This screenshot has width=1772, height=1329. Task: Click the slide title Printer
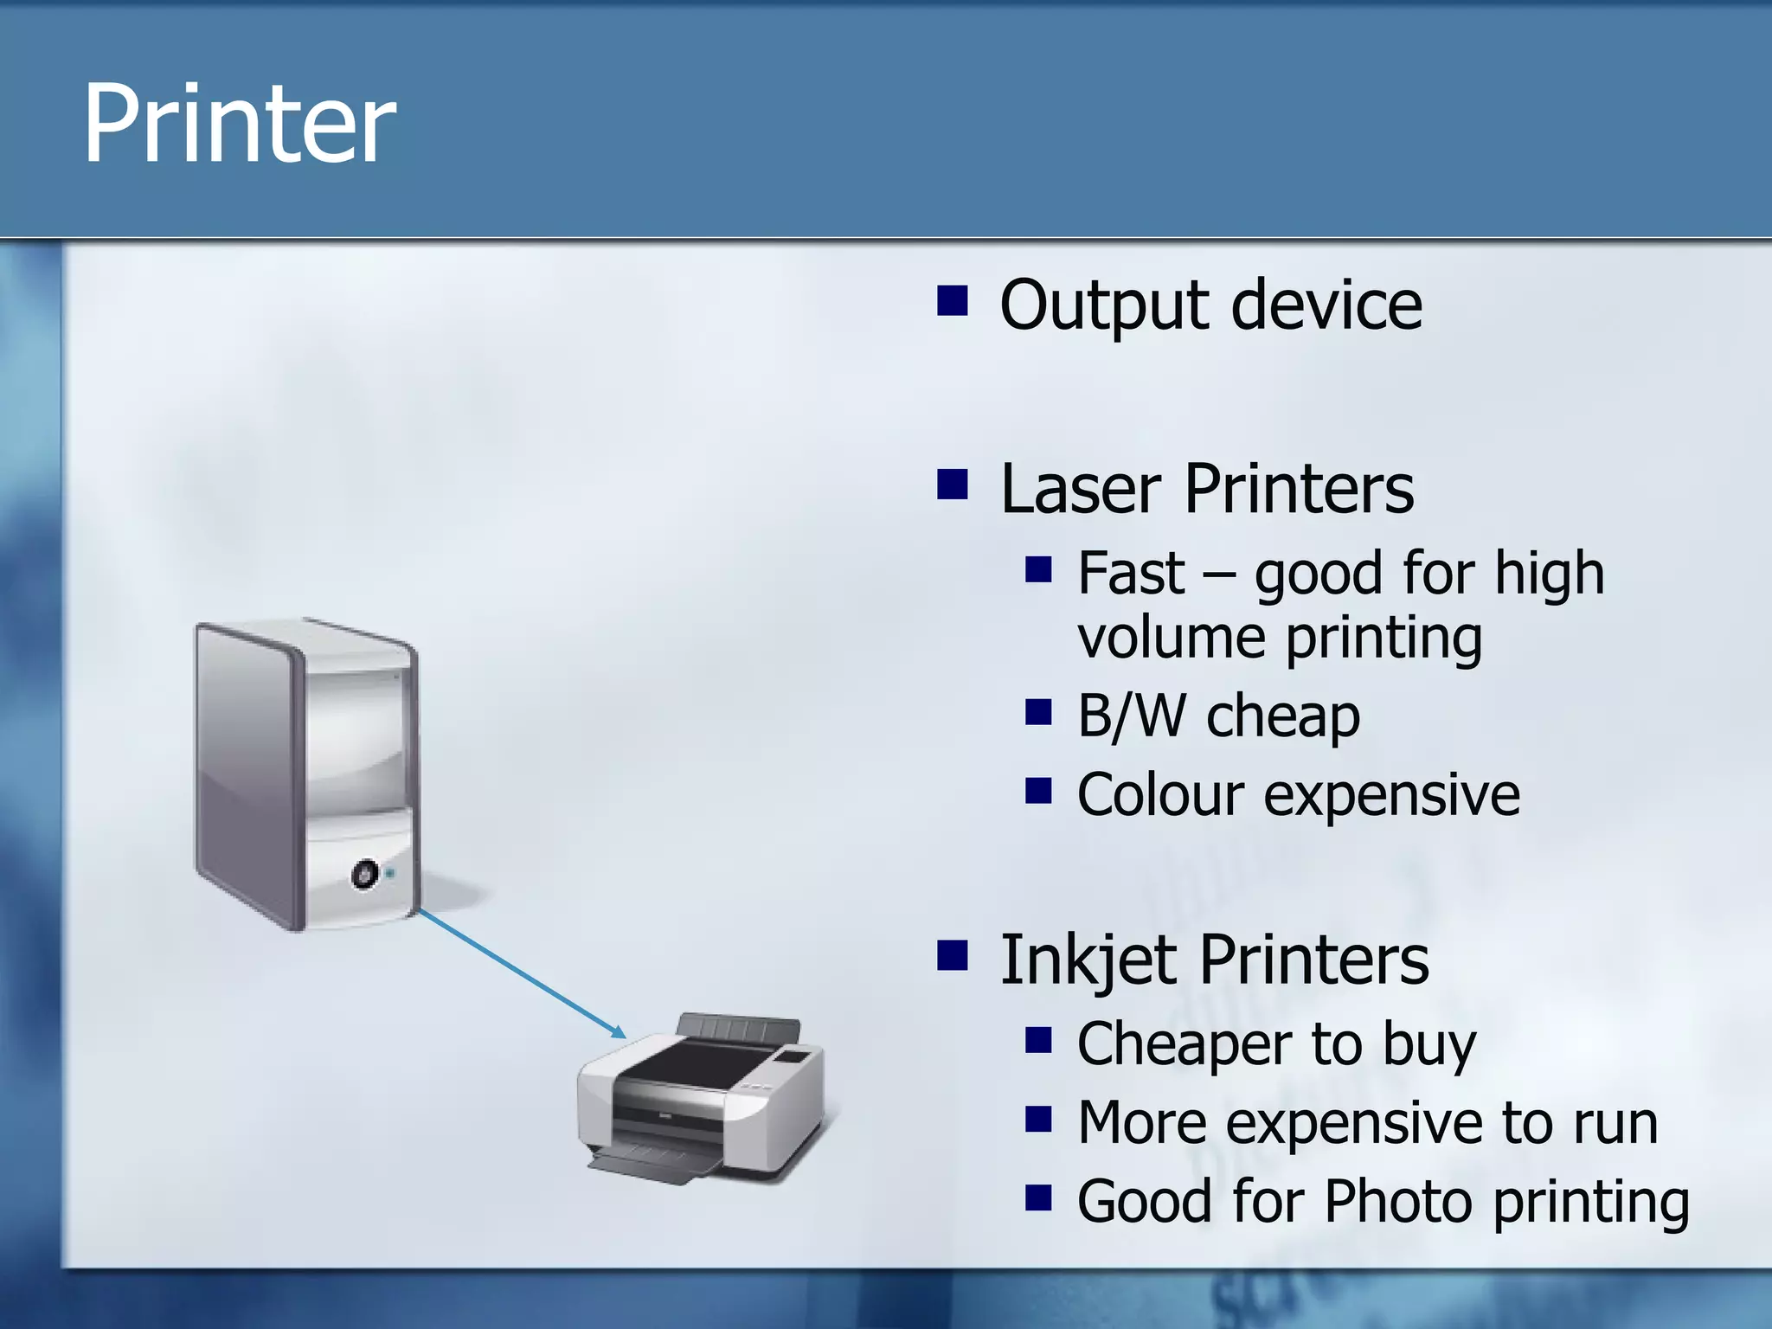pos(239,123)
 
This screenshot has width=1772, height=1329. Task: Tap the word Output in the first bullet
pos(1104,306)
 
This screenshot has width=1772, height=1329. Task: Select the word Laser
pos(1081,490)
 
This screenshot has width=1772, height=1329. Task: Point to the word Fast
pos(1130,574)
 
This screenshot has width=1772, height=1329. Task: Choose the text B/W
pos(1131,716)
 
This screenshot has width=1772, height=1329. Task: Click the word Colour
pos(1160,795)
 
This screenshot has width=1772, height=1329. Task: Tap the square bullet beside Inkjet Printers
pos(952,956)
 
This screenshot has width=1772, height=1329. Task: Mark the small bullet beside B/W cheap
pos(1037,714)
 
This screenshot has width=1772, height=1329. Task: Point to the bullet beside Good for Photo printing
pos(1037,1198)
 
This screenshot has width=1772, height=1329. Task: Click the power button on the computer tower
pos(364,874)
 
